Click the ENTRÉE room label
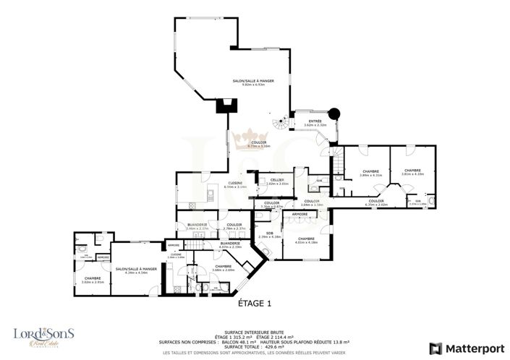pos(315,123)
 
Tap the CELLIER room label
pos(276,181)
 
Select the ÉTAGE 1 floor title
pos(255,304)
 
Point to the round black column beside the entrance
pos(334,113)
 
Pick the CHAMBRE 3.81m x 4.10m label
pos(413,172)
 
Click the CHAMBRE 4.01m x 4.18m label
pos(306,240)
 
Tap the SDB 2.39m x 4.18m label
pos(268,235)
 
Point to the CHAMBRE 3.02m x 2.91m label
pos(92,280)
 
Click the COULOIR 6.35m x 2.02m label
pos(375,202)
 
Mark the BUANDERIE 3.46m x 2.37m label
pos(197,226)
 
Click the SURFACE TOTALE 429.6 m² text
pos(255,346)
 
